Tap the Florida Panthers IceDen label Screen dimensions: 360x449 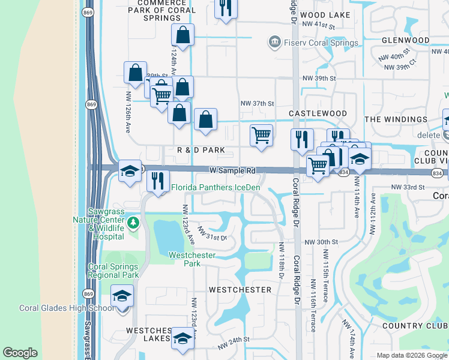tap(216, 188)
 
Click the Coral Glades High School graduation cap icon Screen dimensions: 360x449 tap(122, 296)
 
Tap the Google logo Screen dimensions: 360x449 tap(20, 353)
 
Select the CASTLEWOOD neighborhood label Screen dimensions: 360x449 tap(318, 113)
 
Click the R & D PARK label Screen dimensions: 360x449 tap(200, 149)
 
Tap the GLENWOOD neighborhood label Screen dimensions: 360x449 tap(405, 40)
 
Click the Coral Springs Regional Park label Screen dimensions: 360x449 tap(113, 271)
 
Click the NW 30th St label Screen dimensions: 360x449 tap(322, 242)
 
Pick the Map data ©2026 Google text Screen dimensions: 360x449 tap(411, 355)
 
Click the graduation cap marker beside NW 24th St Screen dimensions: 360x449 tap(182, 338)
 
